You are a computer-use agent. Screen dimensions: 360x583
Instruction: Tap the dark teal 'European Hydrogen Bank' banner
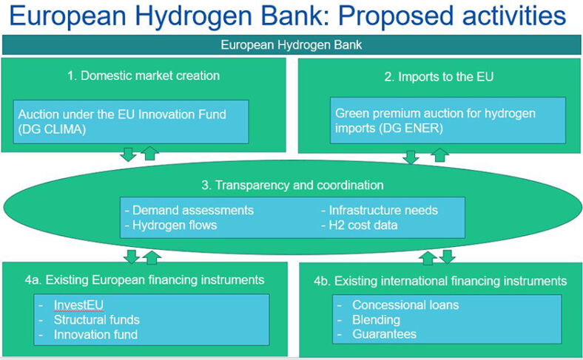tap(291, 45)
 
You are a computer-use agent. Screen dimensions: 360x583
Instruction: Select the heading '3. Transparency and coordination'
tap(292, 185)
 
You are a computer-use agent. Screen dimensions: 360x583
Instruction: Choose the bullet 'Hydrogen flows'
tap(175, 225)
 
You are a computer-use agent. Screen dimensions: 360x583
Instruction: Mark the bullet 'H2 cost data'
tap(363, 225)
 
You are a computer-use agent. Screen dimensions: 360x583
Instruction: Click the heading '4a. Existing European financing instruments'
tap(144, 280)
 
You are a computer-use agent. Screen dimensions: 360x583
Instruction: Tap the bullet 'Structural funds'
tap(96, 319)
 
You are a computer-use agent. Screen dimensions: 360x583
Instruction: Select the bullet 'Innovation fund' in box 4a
tap(95, 334)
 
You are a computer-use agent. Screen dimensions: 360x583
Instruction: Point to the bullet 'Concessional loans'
tap(405, 305)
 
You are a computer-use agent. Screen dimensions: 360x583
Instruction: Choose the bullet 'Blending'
tap(376, 319)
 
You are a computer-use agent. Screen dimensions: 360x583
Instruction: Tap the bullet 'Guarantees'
tap(384, 334)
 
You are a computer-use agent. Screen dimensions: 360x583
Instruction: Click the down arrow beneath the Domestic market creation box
tap(128, 154)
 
